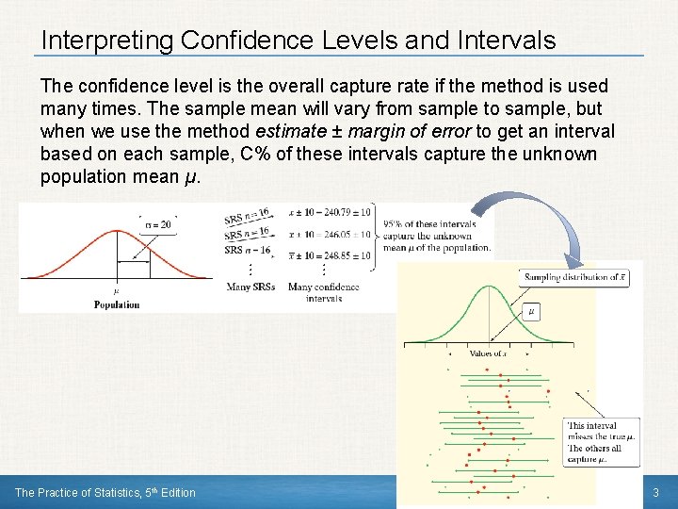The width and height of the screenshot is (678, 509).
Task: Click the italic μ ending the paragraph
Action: pyautogui.click(x=192, y=176)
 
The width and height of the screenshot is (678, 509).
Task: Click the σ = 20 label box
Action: pyautogui.click(x=157, y=224)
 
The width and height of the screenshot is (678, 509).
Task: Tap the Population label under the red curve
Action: pyautogui.click(x=117, y=304)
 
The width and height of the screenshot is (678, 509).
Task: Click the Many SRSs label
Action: pyautogui.click(x=250, y=287)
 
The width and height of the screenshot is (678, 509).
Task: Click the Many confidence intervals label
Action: pyautogui.click(x=323, y=292)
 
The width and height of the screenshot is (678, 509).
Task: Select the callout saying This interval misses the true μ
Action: pyautogui.click(x=601, y=442)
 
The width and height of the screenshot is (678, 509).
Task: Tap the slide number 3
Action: pyautogui.click(x=656, y=492)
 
